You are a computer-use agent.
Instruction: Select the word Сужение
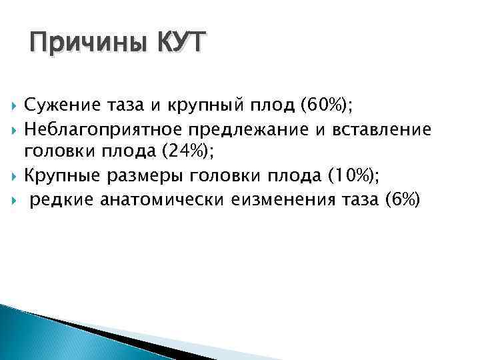[58, 105]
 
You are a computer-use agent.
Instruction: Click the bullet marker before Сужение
[13, 105]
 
